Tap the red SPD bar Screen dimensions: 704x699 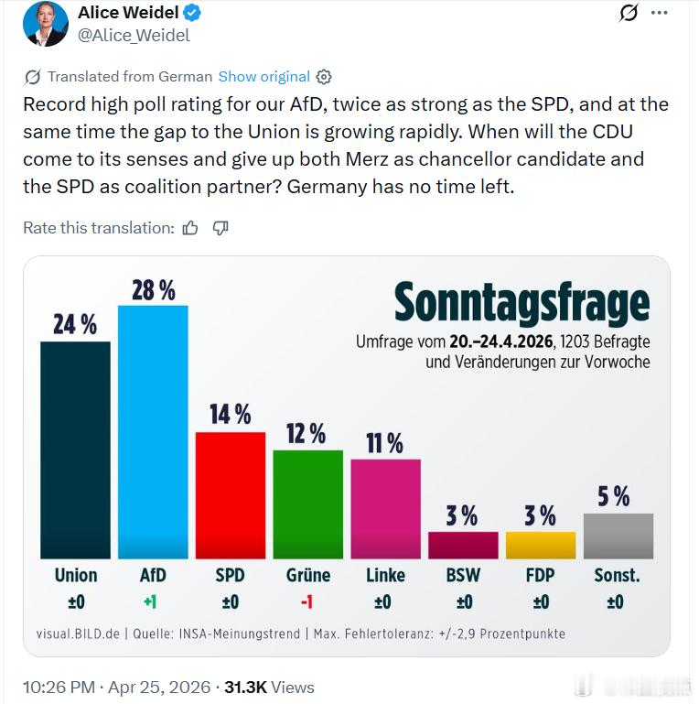[231, 494]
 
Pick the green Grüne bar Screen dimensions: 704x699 [307, 504]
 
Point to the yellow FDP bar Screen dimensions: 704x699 [541, 545]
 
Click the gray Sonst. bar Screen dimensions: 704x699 [618, 536]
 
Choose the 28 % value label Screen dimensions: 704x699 [153, 290]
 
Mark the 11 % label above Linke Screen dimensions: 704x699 [385, 443]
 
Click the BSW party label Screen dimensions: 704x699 [462, 575]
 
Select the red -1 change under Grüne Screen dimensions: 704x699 [307, 601]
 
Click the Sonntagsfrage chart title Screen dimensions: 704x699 [522, 303]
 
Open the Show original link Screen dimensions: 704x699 [263, 77]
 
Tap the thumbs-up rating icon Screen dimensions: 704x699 [190, 228]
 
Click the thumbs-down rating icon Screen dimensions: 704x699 [220, 228]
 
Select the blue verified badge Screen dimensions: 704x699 [192, 13]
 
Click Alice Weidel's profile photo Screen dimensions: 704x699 [46, 23]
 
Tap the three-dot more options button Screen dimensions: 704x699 [659, 13]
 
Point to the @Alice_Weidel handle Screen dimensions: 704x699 [134, 36]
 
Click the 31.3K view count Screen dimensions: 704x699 [245, 687]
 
